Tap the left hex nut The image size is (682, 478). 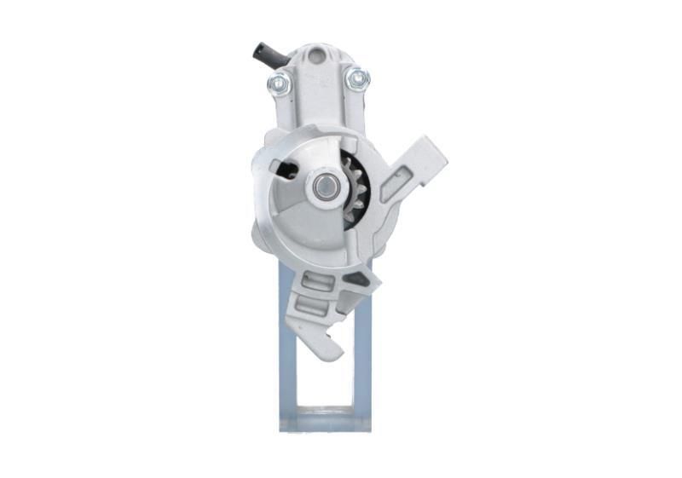click(279, 83)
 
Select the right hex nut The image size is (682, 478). click(357, 79)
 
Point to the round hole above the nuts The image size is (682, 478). click(317, 56)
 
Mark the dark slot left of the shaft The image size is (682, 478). click(286, 168)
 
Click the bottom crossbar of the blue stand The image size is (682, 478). click(325, 418)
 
